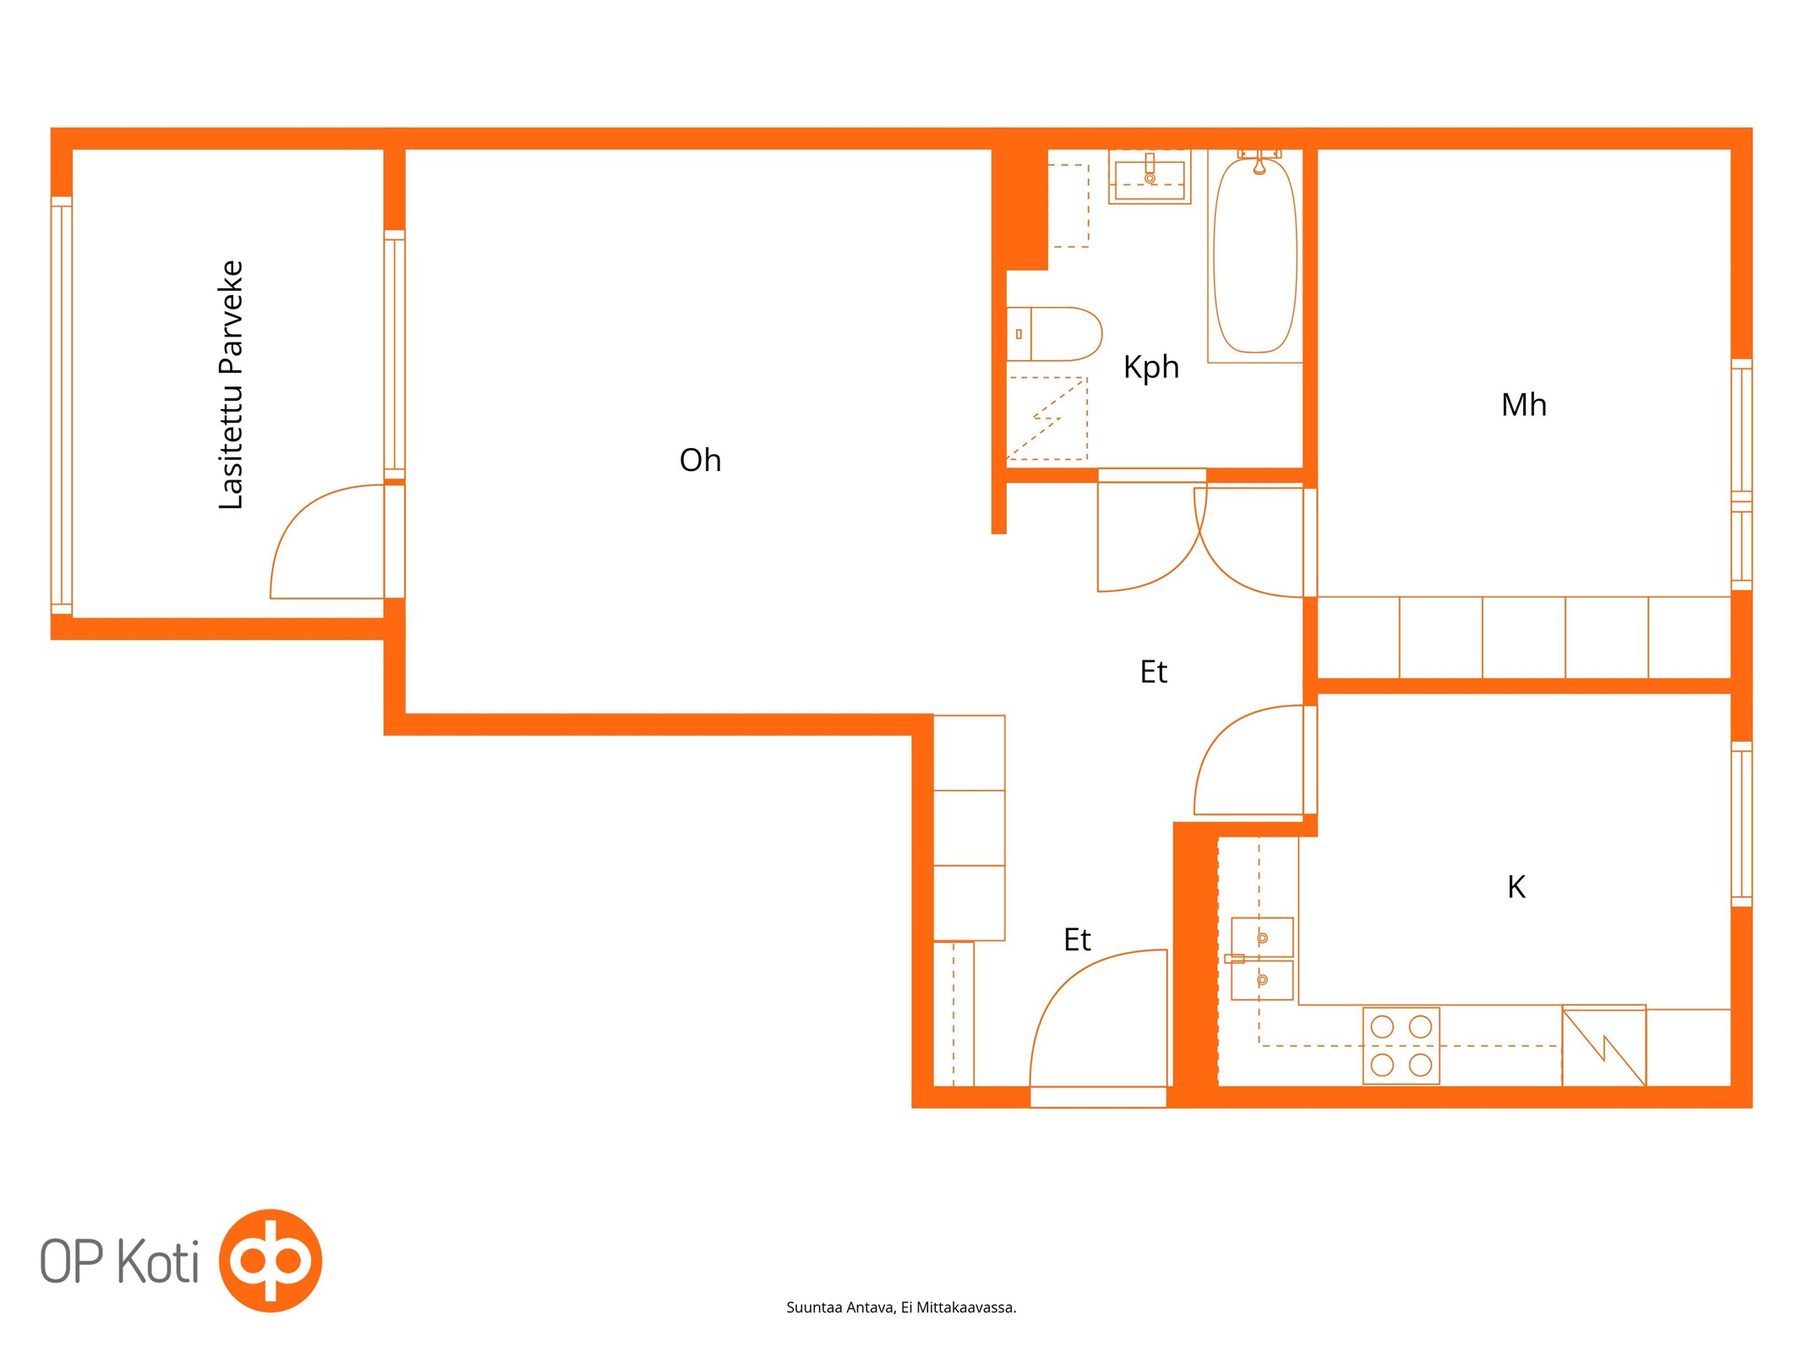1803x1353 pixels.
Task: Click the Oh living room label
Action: point(700,460)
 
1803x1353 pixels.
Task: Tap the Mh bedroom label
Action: point(1523,405)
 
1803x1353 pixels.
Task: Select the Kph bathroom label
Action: point(1150,368)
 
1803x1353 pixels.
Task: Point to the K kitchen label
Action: point(1516,887)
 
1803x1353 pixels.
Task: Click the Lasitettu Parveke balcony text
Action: point(231,385)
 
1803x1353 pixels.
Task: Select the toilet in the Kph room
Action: point(1055,334)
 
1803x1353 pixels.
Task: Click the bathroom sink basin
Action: point(1150,178)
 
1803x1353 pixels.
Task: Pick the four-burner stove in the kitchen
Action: point(1401,1045)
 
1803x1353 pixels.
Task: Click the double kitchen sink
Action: point(1262,959)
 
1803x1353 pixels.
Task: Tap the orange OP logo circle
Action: point(270,1260)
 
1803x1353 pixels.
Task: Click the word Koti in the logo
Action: point(157,1261)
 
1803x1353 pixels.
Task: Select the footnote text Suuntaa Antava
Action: point(840,1307)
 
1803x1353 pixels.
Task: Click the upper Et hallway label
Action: point(1153,672)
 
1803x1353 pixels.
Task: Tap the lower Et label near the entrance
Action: point(1077,940)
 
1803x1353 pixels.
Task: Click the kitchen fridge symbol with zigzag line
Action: point(1604,1045)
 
